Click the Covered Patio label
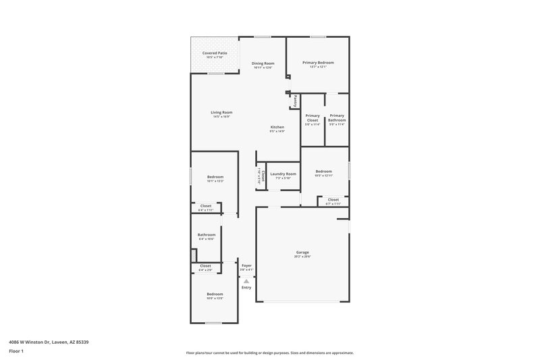[215, 53]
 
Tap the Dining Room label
[263, 63]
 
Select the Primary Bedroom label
[318, 63]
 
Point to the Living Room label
[221, 112]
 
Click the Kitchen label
[277, 127]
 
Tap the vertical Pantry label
[295, 100]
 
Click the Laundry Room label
[283, 174]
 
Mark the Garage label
[302, 253]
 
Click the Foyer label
[246, 265]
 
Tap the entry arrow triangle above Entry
[246, 280]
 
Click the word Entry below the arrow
[246, 288]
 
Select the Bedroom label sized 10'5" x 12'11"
[324, 172]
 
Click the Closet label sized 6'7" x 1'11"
[333, 199]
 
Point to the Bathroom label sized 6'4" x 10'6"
[207, 235]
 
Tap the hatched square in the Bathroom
[193, 255]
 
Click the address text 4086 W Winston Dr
[28, 342]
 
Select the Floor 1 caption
[16, 352]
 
